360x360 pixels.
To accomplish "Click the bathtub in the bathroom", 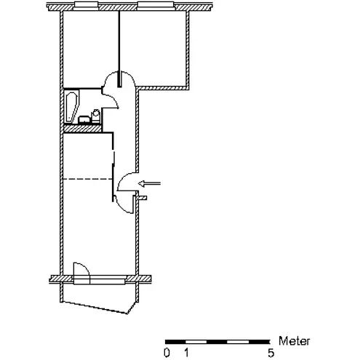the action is [x=72, y=106].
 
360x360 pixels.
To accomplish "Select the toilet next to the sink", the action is [x=96, y=116].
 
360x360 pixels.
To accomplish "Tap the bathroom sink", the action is [x=84, y=120].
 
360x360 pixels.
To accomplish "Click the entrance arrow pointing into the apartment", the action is [x=149, y=183].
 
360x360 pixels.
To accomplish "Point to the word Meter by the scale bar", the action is [x=294, y=341].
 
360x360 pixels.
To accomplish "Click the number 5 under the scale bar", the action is [x=271, y=353].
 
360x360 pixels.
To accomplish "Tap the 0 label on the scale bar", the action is [x=167, y=353].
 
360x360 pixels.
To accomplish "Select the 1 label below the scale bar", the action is [x=186, y=353].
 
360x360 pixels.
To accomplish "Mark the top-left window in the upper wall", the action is [x=86, y=6].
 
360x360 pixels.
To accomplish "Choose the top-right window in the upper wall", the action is [x=156, y=6].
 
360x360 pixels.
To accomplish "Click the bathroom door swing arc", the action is [x=113, y=100].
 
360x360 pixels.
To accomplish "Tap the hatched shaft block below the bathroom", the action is [x=82, y=128].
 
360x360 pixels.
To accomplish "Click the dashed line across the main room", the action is [x=87, y=179].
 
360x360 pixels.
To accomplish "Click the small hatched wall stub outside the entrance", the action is [x=142, y=198].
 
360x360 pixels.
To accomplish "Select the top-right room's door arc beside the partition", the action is [x=131, y=76].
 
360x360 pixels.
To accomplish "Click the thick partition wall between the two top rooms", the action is [x=119, y=49].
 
